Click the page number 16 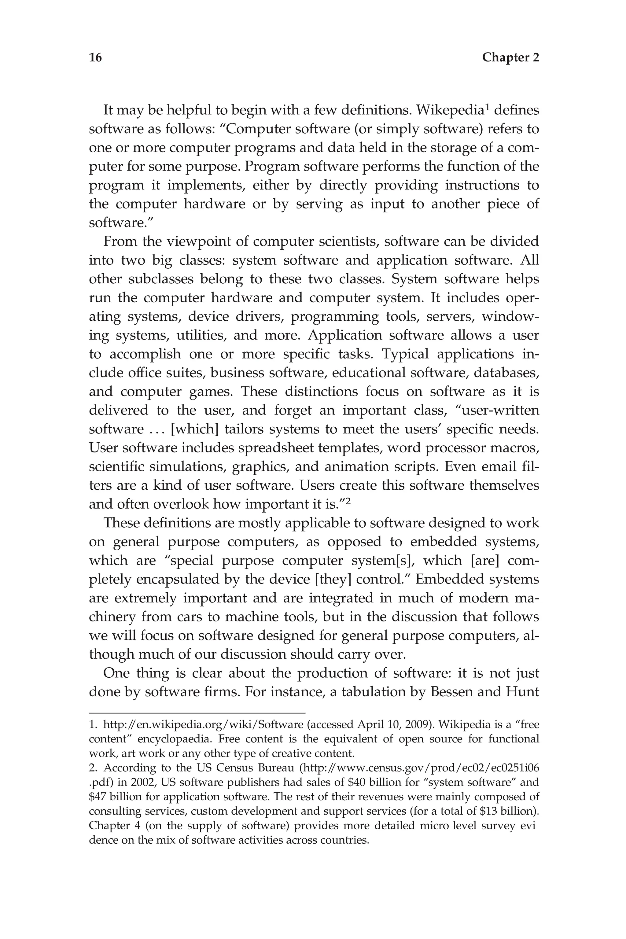[x=95, y=58]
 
